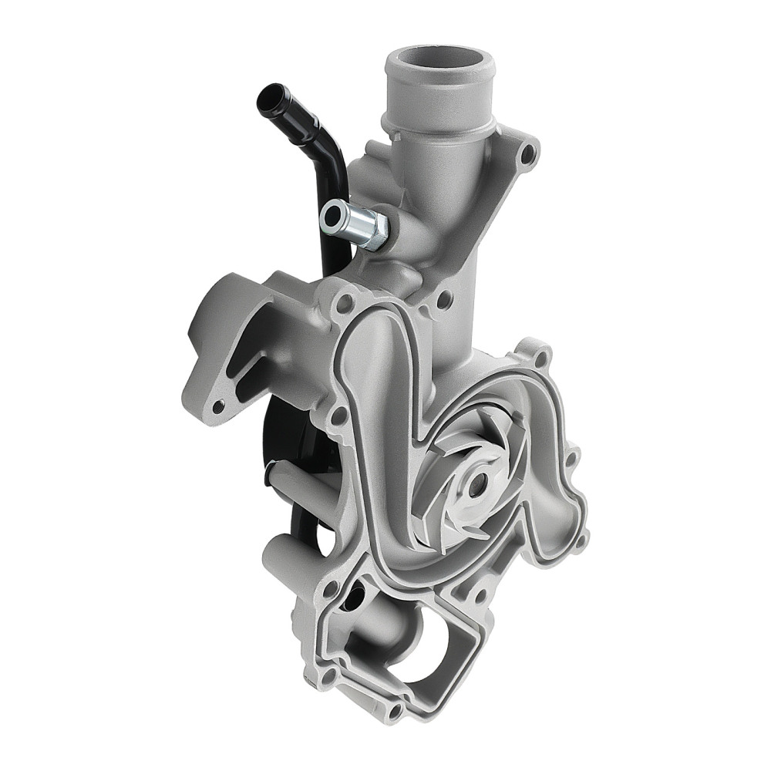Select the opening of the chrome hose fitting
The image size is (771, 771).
[x=335, y=214]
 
